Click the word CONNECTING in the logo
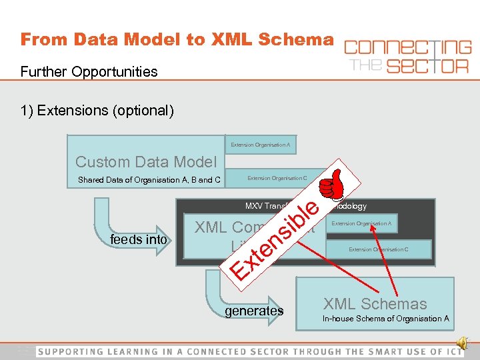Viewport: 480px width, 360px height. tap(407, 48)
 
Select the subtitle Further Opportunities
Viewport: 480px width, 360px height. tap(89, 71)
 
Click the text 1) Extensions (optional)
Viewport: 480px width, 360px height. tap(97, 110)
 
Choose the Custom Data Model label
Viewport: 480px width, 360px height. tap(146, 161)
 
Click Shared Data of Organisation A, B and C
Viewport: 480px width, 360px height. tap(149, 179)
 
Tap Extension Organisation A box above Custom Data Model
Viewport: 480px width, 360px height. tap(260, 145)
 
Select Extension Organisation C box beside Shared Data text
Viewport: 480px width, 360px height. tap(277, 178)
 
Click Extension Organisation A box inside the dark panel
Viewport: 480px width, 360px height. tap(361, 223)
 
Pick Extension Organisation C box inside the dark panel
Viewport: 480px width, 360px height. tap(379, 249)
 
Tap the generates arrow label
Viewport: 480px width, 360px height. tap(253, 311)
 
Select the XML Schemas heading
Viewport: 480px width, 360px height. tap(375, 304)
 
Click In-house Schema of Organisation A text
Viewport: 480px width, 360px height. tap(385, 319)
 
